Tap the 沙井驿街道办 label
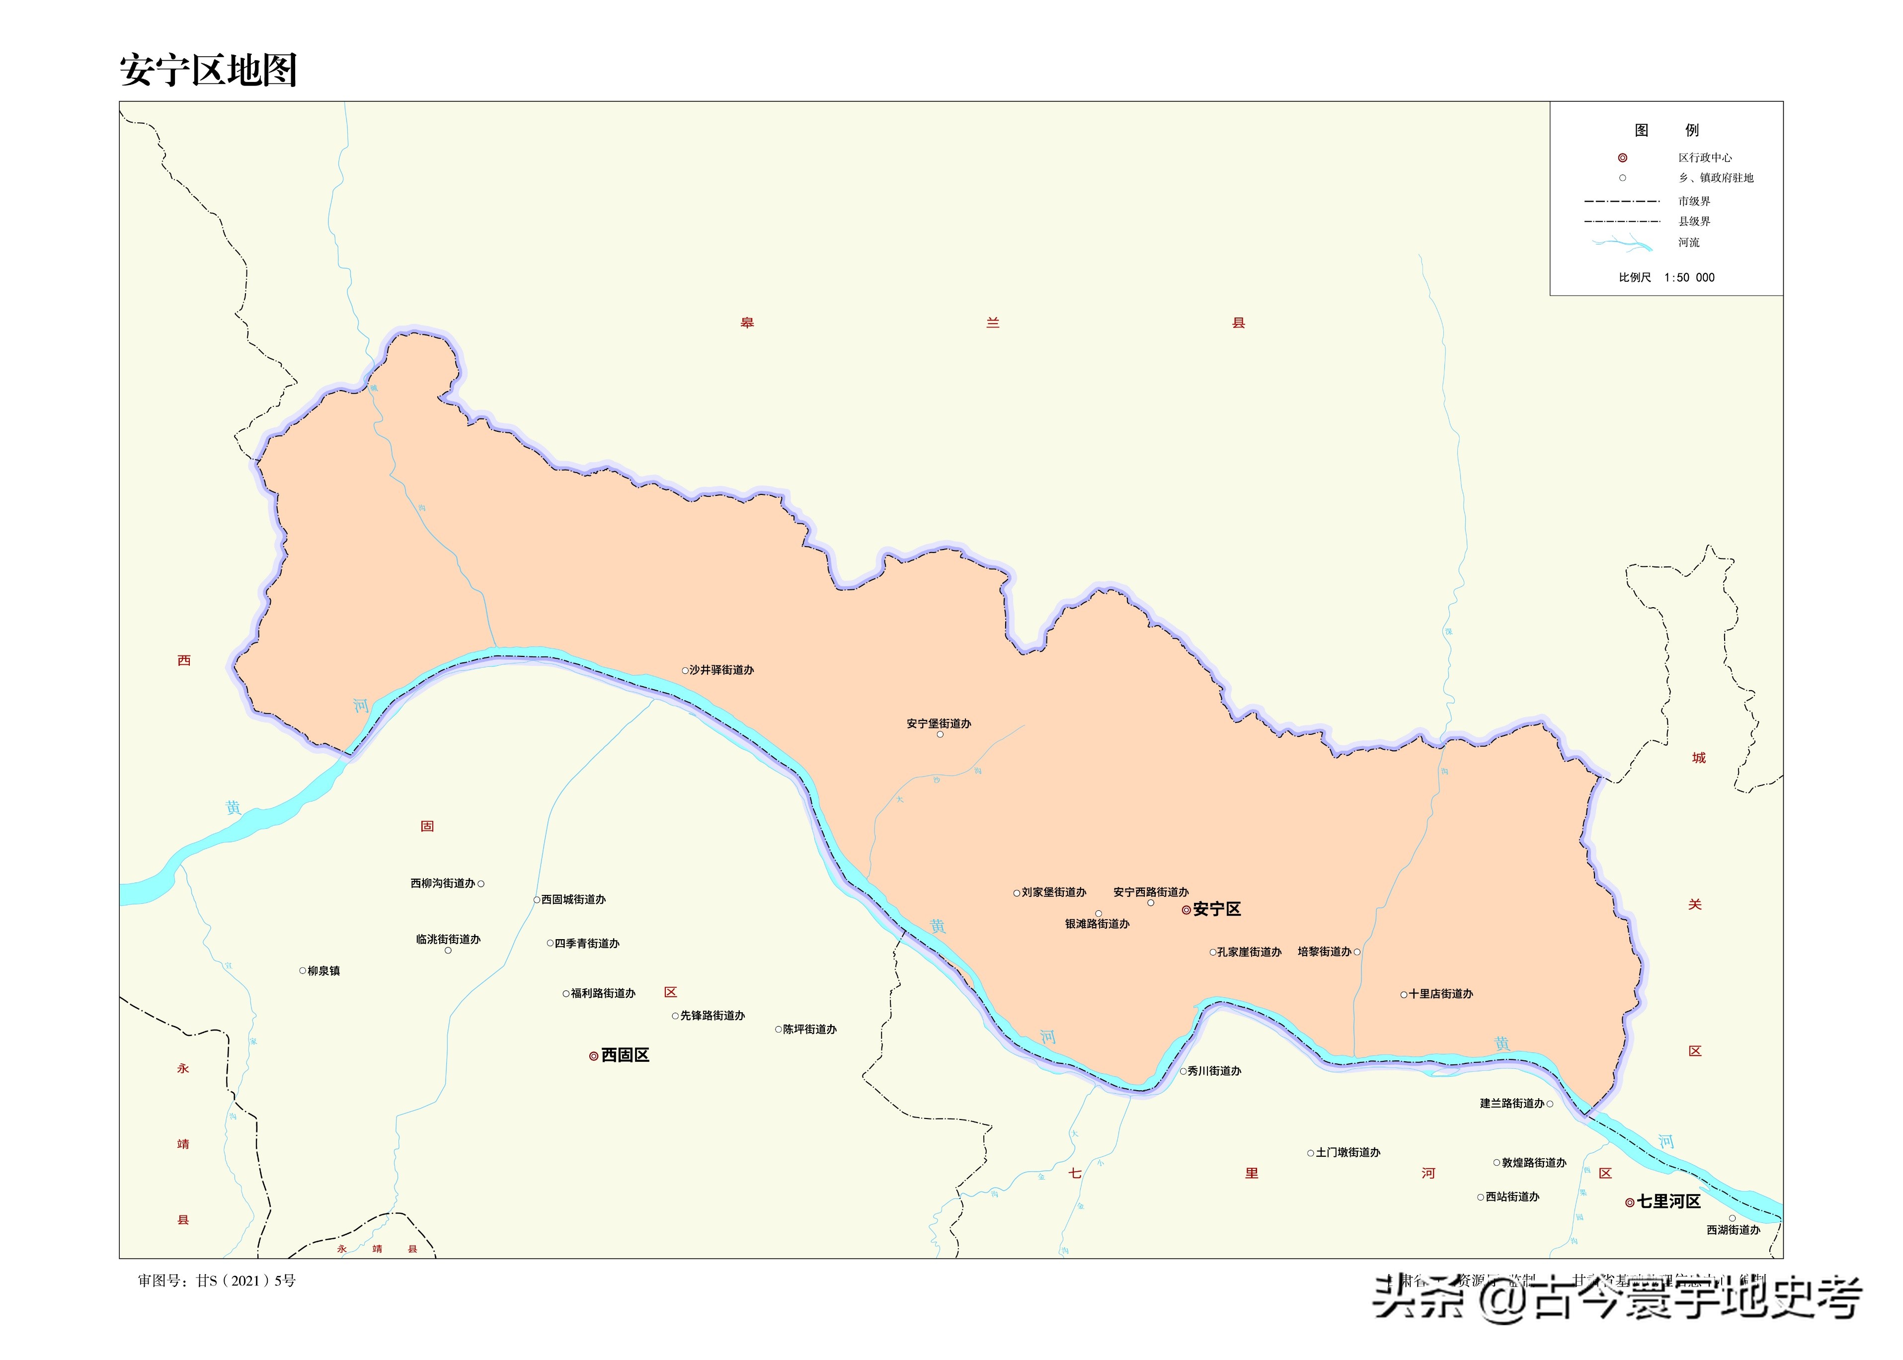721,670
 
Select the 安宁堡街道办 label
939,723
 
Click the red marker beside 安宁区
1186,909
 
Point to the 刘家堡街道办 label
1053,893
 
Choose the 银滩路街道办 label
1097,924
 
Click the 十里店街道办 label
1440,994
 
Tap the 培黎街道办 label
1325,952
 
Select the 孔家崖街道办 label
1248,952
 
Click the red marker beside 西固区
594,1056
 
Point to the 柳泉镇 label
323,971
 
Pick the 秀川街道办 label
1214,1071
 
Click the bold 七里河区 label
1668,1201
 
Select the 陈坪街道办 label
809,1029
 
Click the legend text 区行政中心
1705,158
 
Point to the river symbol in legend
1622,243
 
